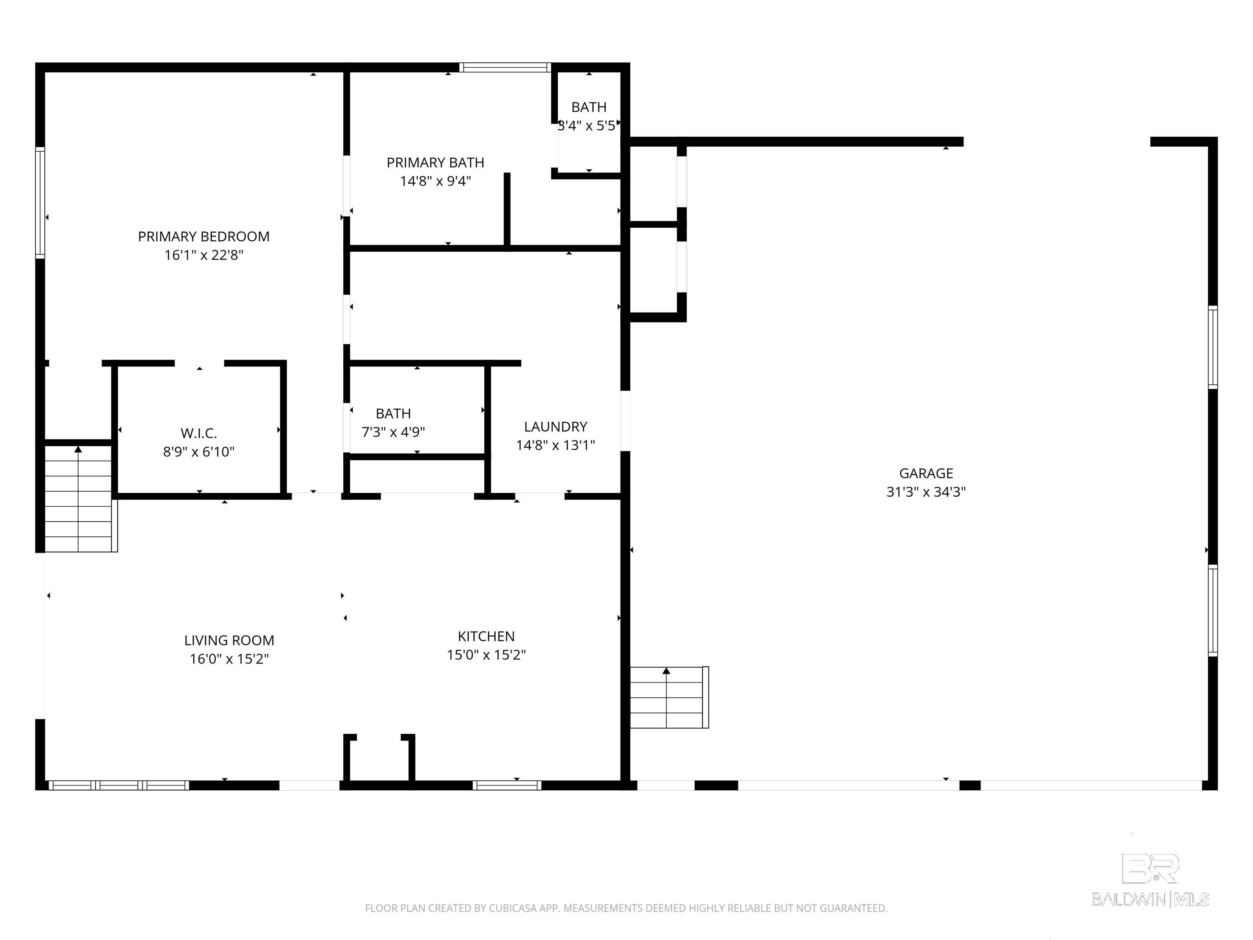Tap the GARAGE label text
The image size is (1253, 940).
pos(926,473)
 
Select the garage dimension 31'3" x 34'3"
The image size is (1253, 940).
pos(926,492)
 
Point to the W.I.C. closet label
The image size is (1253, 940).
pos(199,433)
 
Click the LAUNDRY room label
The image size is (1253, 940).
pos(556,427)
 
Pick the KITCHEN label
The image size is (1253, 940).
pos(487,636)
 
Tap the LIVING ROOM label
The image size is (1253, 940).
pos(229,640)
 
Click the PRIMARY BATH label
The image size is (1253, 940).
pos(436,163)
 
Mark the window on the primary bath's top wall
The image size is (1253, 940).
pos(505,67)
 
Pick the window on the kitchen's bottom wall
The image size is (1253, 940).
pos(507,785)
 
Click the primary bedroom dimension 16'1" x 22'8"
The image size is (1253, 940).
pos(204,255)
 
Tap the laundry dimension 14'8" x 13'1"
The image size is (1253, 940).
pos(556,446)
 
